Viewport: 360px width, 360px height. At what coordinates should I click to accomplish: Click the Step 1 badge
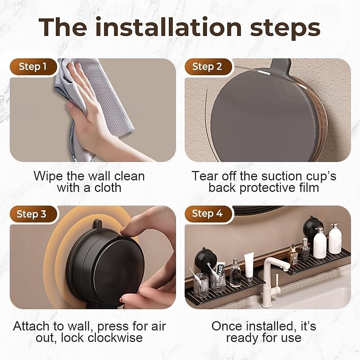coord(33,67)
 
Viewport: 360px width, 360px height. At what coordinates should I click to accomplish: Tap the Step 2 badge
coord(208,67)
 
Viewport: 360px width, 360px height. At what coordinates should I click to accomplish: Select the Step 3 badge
coord(33,214)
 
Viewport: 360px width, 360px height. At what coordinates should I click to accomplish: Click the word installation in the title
coord(168,27)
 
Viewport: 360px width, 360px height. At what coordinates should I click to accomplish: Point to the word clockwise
coord(115,337)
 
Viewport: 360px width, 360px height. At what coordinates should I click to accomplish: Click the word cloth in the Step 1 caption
coord(108,188)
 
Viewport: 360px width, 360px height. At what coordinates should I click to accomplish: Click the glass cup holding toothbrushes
coord(201,285)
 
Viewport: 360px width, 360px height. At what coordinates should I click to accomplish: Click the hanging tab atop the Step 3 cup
coord(98,224)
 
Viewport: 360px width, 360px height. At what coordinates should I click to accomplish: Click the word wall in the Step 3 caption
coord(80,326)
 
